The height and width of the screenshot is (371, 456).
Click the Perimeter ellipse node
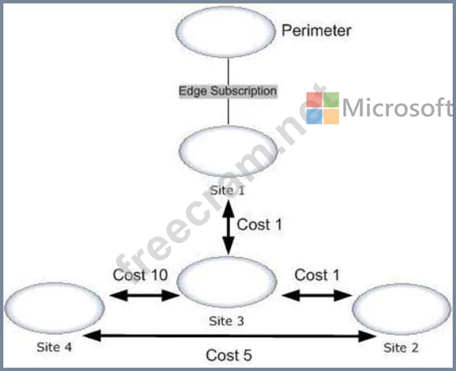click(226, 31)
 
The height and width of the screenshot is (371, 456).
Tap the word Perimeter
click(316, 31)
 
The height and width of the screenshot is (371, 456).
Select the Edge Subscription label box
click(228, 91)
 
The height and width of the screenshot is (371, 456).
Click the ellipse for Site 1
click(228, 151)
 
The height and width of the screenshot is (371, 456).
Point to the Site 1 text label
click(227, 190)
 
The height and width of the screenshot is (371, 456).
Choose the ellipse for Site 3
click(226, 282)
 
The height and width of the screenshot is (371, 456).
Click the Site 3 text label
click(226, 321)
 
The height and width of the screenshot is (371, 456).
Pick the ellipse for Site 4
click(55, 308)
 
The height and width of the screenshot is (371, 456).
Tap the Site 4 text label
click(54, 347)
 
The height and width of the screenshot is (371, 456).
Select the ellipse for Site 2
click(401, 309)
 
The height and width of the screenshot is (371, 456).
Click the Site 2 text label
click(401, 348)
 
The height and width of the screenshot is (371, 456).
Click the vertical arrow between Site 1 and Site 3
click(229, 227)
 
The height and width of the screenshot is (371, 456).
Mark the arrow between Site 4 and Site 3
click(145, 296)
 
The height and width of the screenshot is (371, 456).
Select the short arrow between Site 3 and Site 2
click(317, 296)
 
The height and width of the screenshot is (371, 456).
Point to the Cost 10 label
click(140, 275)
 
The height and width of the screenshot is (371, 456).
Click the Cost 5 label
click(229, 355)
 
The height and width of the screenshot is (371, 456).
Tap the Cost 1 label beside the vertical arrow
click(259, 225)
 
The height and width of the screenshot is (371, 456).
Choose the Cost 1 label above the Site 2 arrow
click(317, 275)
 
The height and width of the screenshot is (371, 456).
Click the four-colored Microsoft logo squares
click(323, 108)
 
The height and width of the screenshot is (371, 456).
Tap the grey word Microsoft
click(397, 107)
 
